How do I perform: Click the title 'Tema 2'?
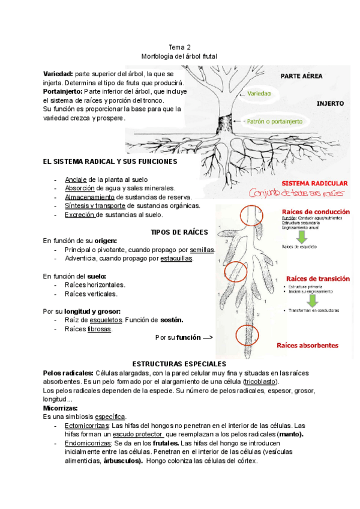pyautogui.click(x=180, y=47)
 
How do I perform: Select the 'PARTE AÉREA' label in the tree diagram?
pyautogui.click(x=287, y=76)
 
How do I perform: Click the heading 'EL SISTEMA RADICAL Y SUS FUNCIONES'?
pyautogui.click(x=110, y=161)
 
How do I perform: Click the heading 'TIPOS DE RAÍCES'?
pyautogui.click(x=179, y=232)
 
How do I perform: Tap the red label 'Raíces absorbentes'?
pyautogui.click(x=307, y=345)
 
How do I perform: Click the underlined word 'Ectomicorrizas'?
pyautogui.click(x=84, y=426)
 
